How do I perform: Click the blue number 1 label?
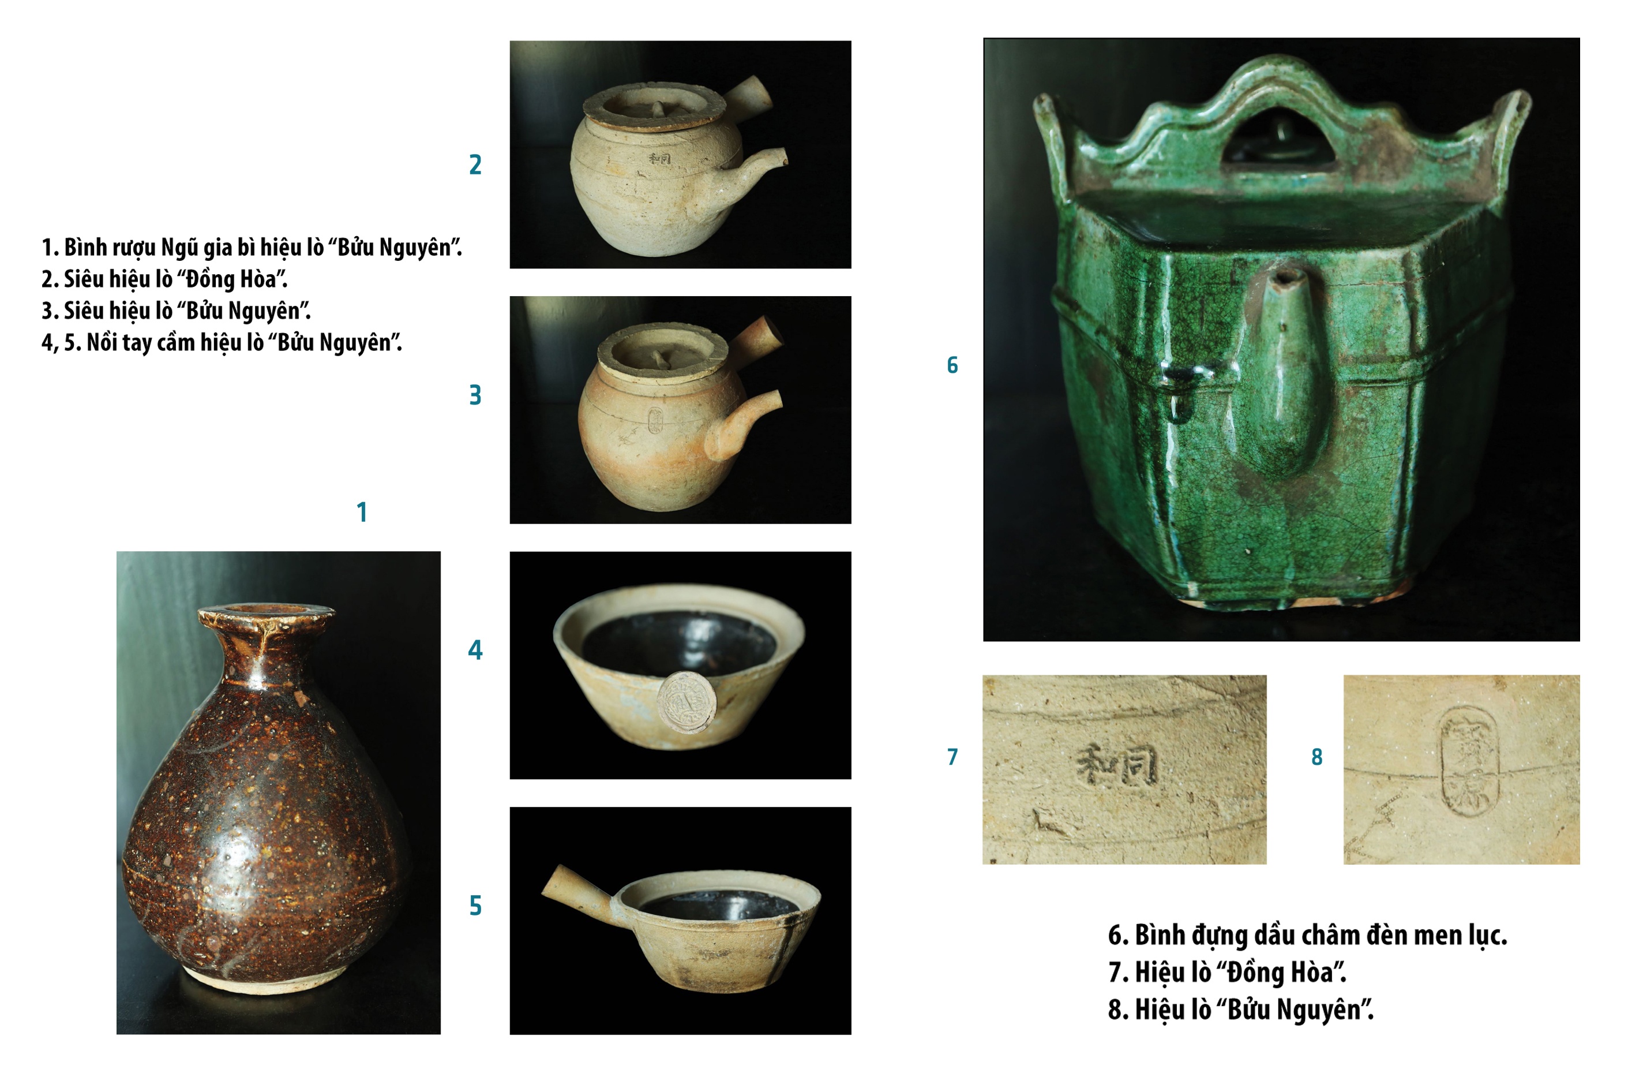click(x=361, y=512)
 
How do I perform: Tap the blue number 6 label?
click(x=952, y=365)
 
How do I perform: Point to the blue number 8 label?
click(x=1317, y=757)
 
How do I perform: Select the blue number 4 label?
click(x=475, y=650)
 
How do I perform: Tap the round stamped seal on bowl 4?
click(x=685, y=702)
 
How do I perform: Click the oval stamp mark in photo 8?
click(x=1468, y=760)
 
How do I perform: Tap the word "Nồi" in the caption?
click(x=102, y=343)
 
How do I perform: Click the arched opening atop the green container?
click(x=1279, y=139)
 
